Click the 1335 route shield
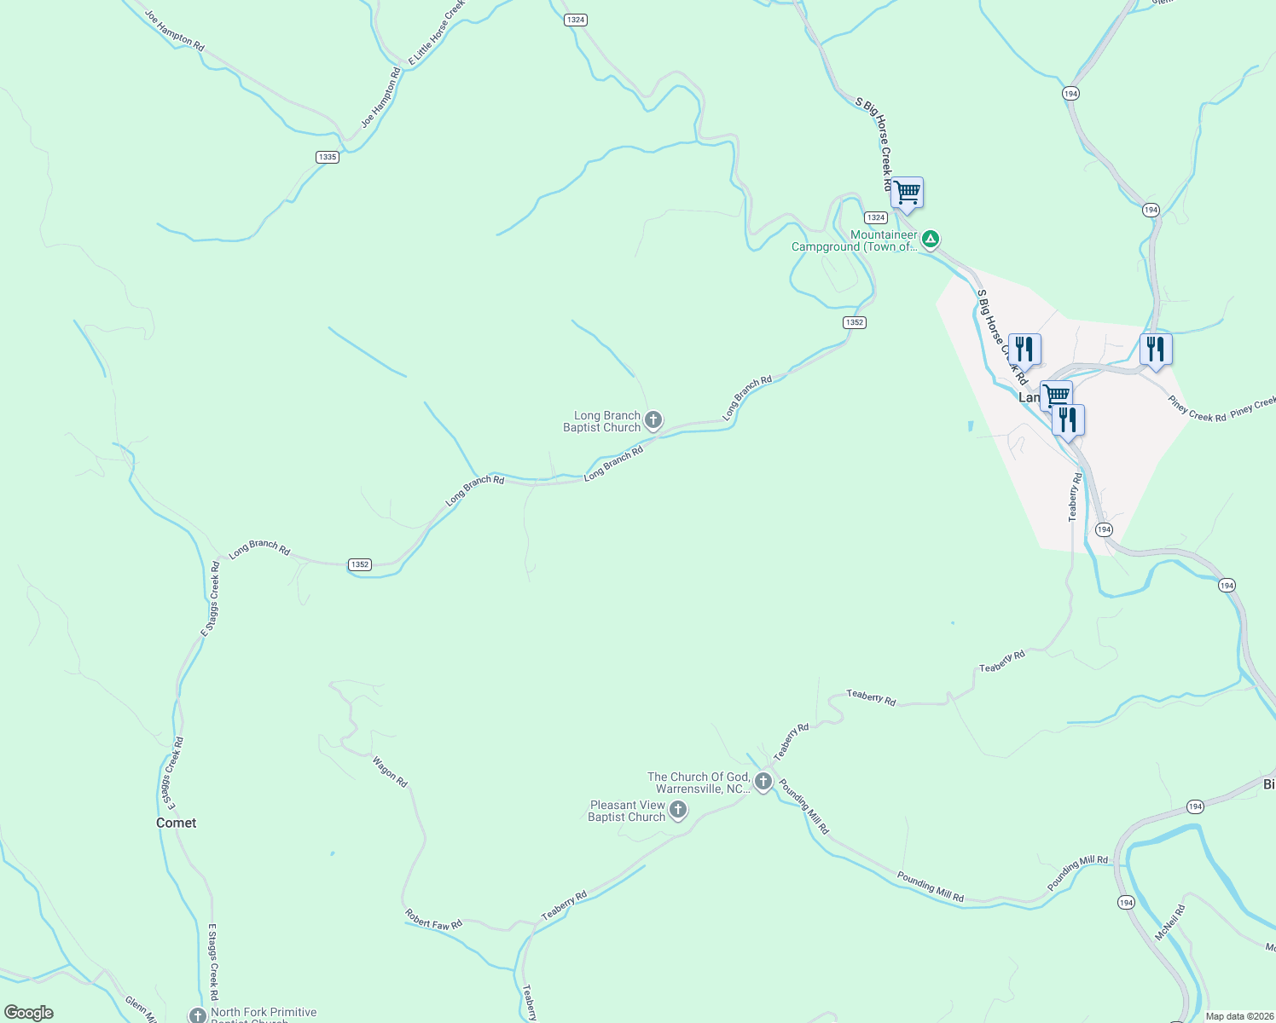[x=327, y=157]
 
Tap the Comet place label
[x=176, y=823]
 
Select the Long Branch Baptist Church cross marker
[x=653, y=419]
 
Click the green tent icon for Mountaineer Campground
[x=931, y=239]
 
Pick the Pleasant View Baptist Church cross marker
[x=678, y=810]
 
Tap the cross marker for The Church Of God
[x=763, y=782]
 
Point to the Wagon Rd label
[x=391, y=772]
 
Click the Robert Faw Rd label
[x=433, y=919]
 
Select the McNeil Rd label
[x=1169, y=922]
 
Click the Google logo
[x=28, y=1013]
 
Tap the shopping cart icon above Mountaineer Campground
[x=907, y=193]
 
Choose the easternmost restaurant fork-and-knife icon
[x=1155, y=349]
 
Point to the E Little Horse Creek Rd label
[x=437, y=32]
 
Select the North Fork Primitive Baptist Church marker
[x=198, y=1015]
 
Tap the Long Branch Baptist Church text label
[x=602, y=421]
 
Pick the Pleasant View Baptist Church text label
[x=627, y=811]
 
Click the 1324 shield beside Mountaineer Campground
[x=876, y=217]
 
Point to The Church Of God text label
[x=699, y=783]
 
